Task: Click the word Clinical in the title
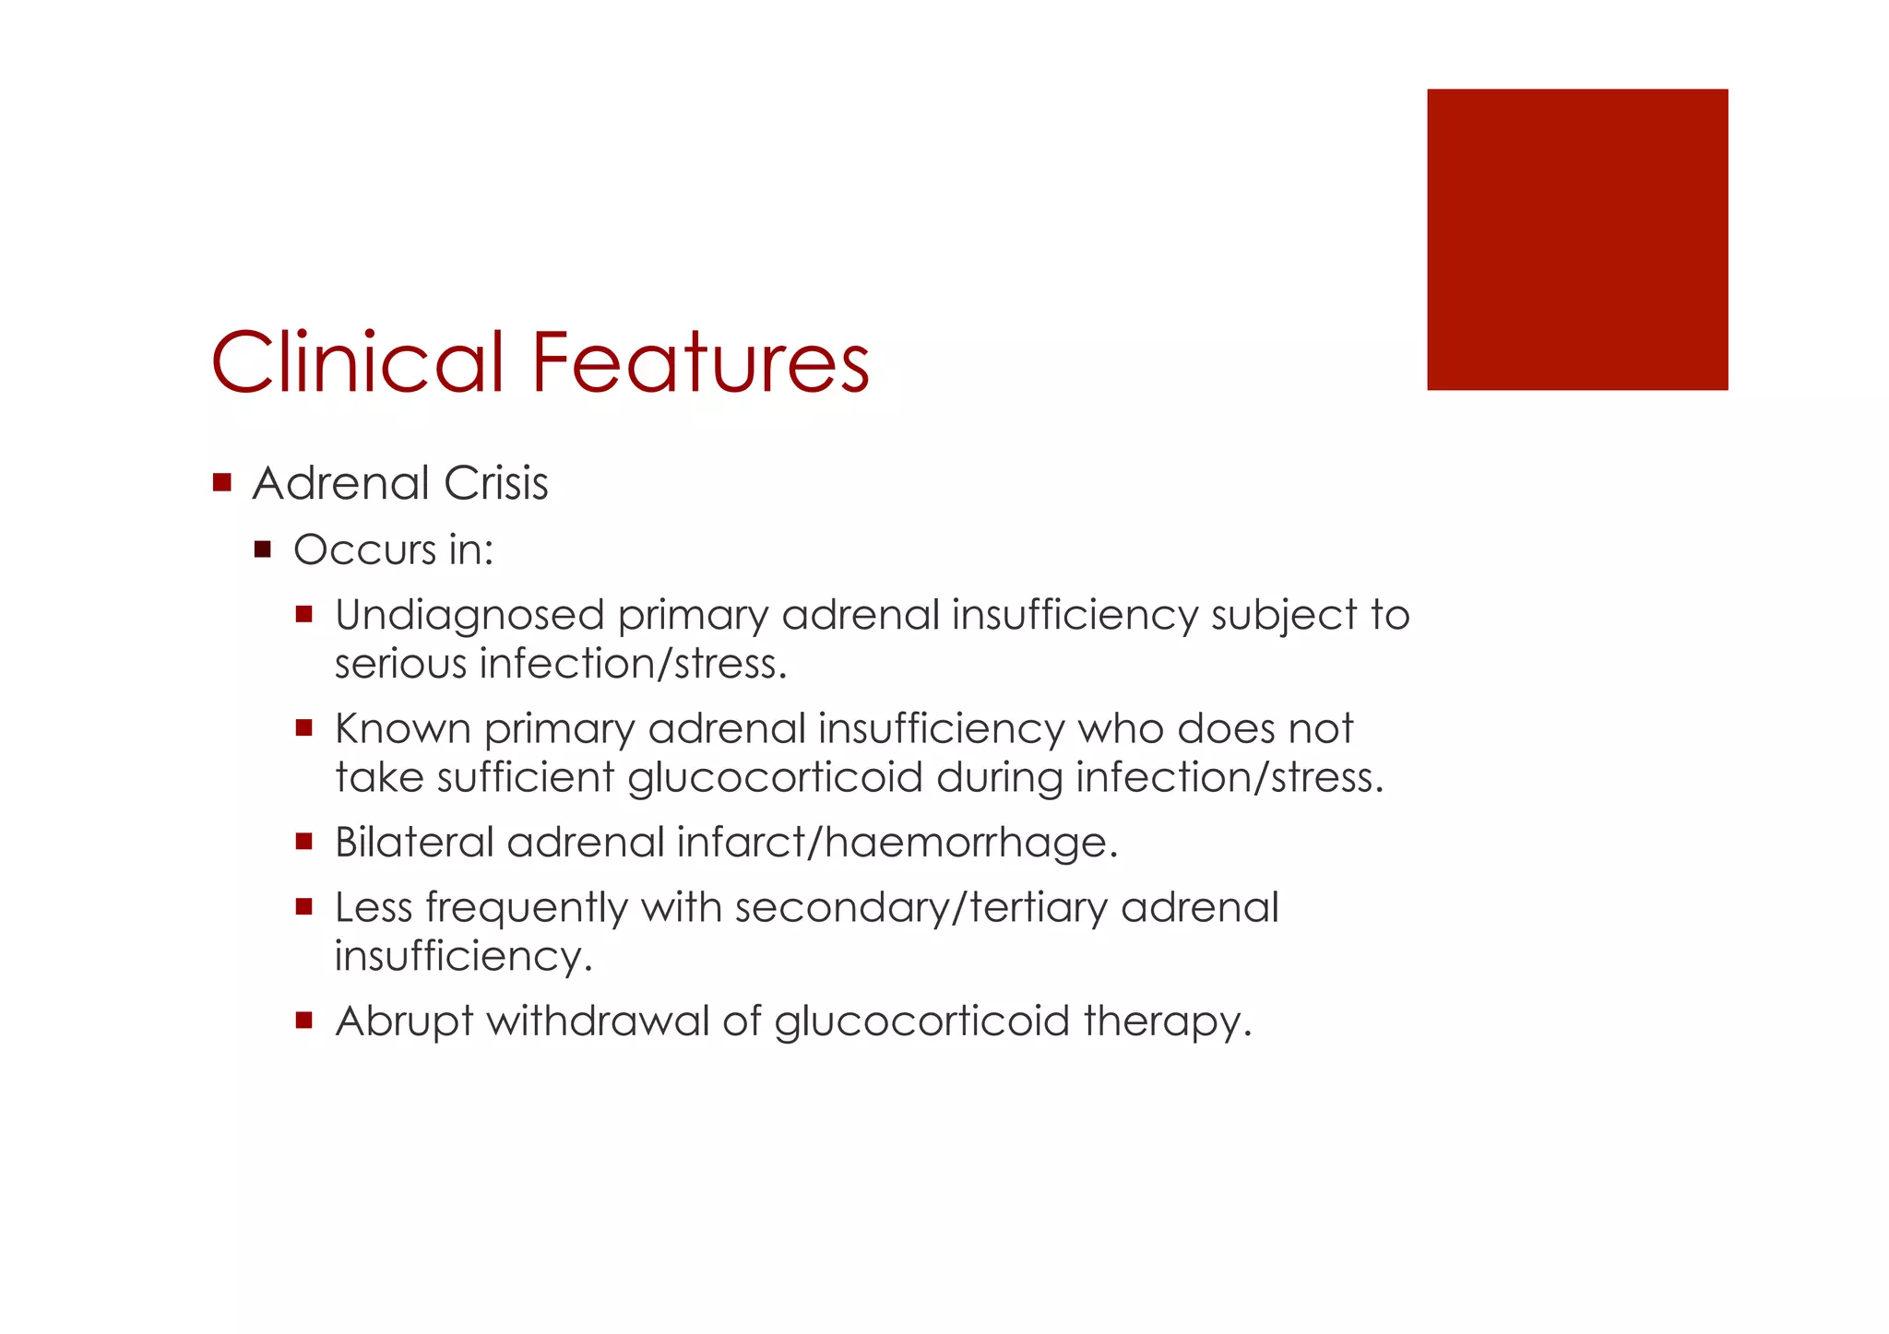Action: tap(358, 361)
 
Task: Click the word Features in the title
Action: tap(701, 361)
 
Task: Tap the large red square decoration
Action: tap(1577, 240)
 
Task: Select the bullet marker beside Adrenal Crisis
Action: tap(221, 482)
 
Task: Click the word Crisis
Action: tap(495, 483)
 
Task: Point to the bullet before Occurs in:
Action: tap(263, 550)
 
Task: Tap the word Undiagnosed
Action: tap(469, 616)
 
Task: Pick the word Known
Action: tap(403, 728)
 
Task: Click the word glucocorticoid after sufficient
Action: tap(775, 777)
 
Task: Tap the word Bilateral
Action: tap(414, 842)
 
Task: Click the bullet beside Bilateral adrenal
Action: tap(304, 842)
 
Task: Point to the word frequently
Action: tap(527, 908)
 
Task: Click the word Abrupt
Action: tap(404, 1021)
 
